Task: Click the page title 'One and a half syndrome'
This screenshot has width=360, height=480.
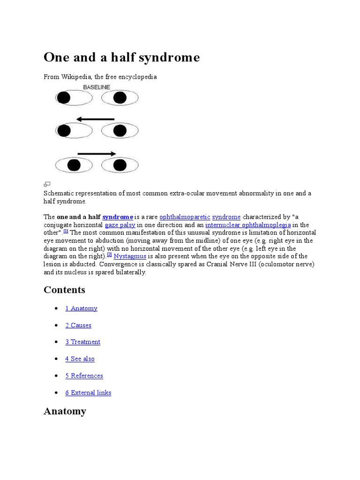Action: point(121,57)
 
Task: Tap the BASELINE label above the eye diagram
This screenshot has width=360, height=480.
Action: point(97,87)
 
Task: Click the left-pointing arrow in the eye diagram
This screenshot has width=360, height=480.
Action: point(95,119)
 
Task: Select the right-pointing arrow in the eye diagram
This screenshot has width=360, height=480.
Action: point(97,153)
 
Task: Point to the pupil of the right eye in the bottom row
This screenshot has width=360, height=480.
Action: point(120,165)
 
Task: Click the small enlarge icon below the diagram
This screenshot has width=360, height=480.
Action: point(47,184)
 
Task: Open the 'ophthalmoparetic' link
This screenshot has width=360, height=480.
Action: point(185,217)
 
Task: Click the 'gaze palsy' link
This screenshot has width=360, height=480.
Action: point(120,225)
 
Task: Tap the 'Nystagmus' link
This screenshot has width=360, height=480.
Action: point(127,256)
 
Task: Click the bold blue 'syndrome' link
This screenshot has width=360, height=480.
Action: point(118,217)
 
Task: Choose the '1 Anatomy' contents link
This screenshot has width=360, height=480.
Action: point(81,308)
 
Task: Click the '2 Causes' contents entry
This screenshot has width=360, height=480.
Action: point(78,325)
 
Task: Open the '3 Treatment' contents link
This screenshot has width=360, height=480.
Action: point(82,342)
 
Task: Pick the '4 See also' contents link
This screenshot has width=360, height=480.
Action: point(80,359)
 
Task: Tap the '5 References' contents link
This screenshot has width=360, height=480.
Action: point(84,376)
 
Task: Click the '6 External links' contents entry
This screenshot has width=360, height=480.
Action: point(88,393)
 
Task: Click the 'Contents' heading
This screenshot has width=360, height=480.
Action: point(64,290)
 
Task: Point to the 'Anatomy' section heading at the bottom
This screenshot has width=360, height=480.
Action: point(65,412)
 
